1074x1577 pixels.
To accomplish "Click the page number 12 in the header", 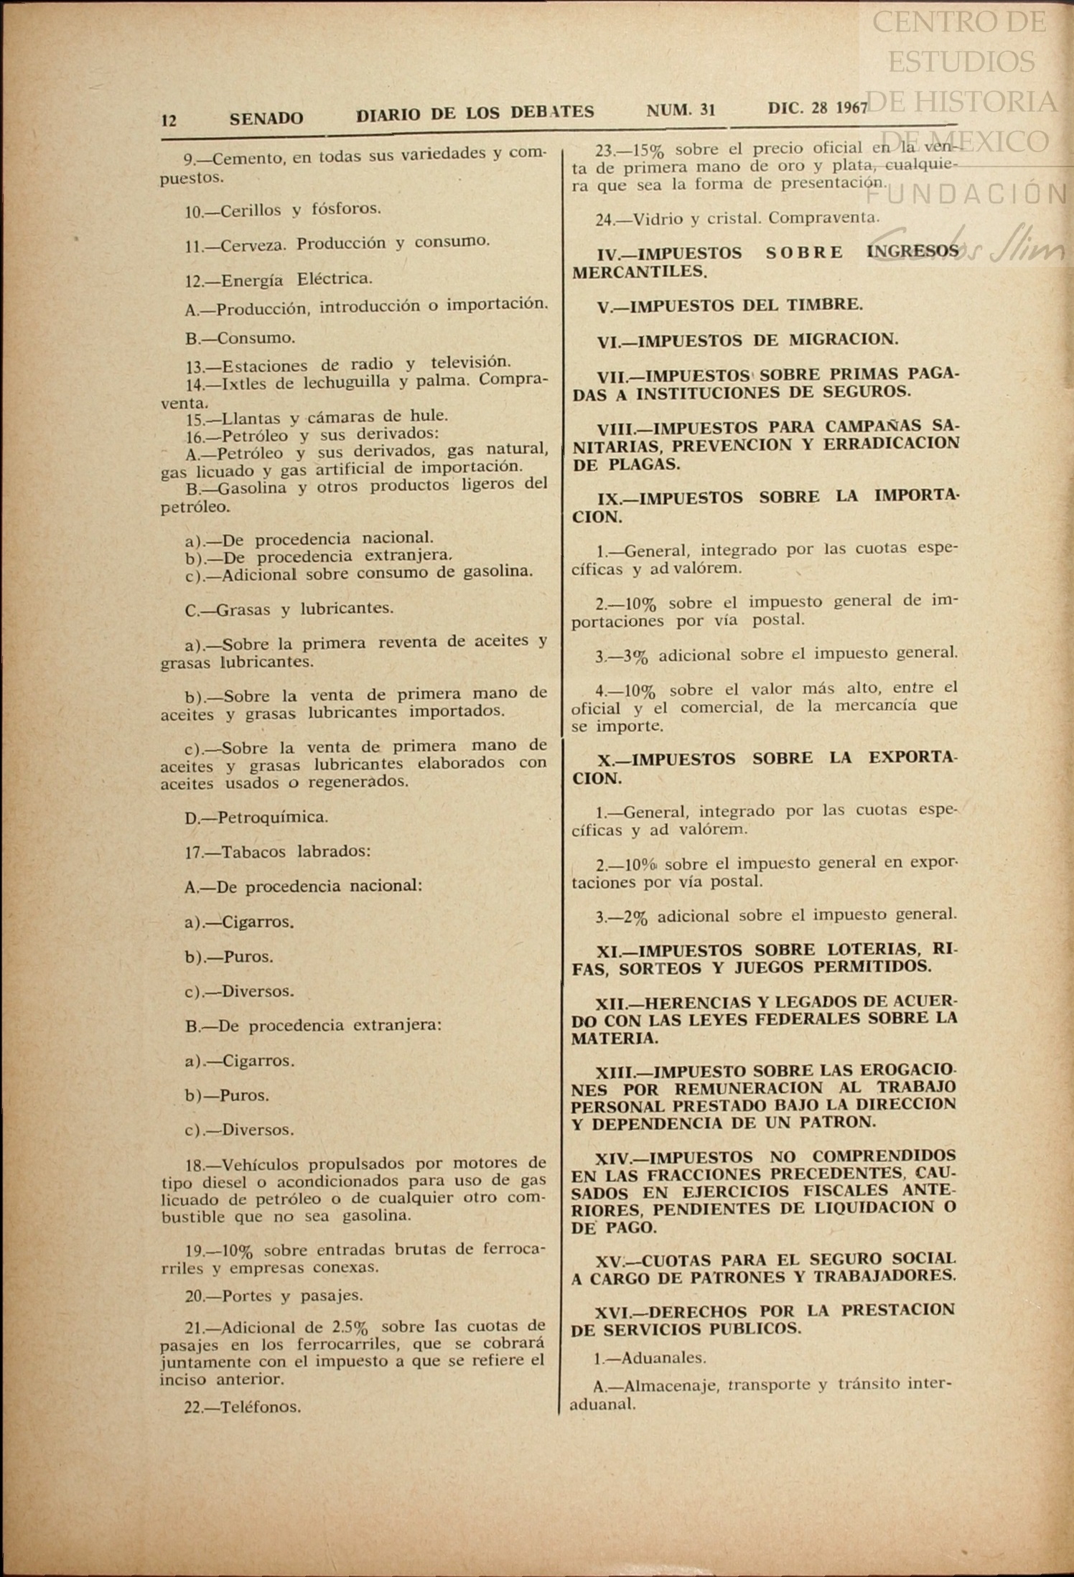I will tap(169, 120).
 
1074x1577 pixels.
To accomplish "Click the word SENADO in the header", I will tap(266, 118).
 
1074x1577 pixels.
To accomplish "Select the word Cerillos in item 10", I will tap(251, 210).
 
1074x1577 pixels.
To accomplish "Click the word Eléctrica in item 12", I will tap(335, 278).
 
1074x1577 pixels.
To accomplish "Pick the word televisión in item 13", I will tap(470, 362).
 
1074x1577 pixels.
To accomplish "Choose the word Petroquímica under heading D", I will tap(273, 817).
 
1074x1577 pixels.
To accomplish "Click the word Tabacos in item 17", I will tap(253, 852).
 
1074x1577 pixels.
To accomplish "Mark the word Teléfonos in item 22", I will tap(261, 1408).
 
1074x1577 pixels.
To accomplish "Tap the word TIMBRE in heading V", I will tap(825, 304).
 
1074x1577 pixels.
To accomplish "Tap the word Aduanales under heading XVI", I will tap(664, 1357).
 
